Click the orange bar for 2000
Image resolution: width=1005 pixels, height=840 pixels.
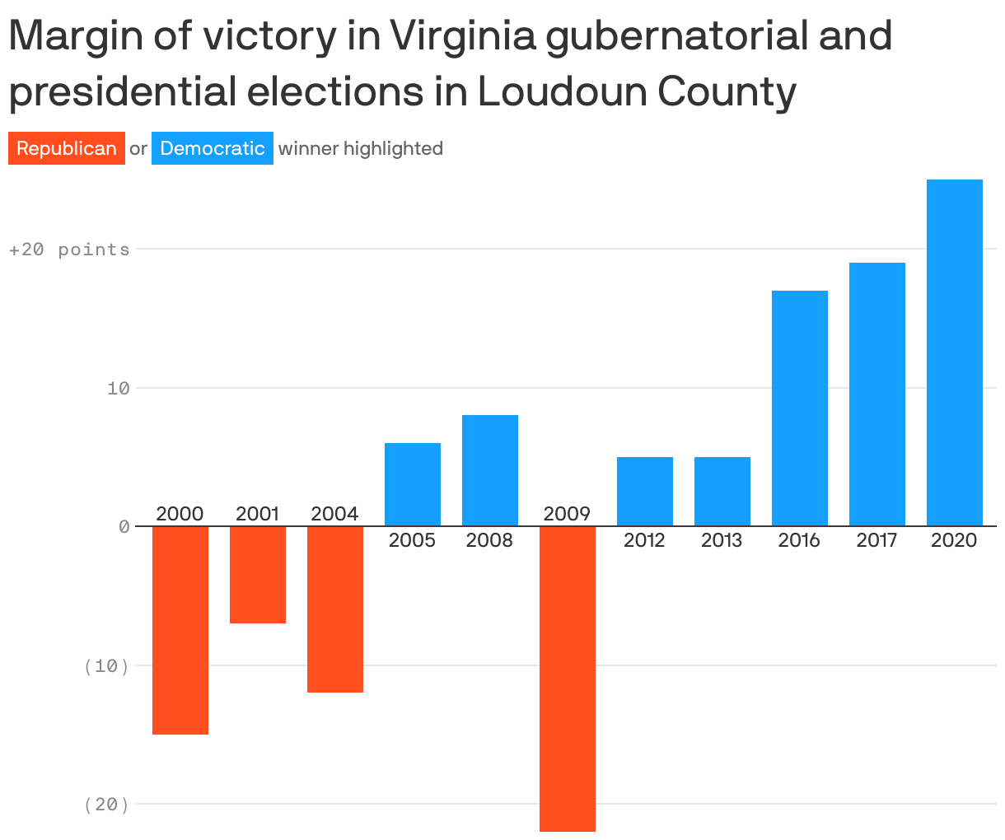point(180,630)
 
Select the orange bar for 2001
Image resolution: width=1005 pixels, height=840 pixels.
point(258,575)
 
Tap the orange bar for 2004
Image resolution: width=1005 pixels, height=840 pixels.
point(335,609)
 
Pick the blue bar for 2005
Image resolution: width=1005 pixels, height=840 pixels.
point(413,484)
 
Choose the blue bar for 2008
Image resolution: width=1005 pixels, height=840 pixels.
point(490,470)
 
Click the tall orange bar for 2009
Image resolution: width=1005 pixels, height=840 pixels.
point(568,679)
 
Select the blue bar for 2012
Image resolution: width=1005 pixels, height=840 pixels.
point(645,491)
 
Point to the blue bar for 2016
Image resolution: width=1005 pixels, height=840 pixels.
point(800,408)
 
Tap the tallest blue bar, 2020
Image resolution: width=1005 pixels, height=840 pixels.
point(955,352)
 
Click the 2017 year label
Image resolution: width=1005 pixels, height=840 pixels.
point(876,540)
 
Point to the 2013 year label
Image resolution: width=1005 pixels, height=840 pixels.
point(722,540)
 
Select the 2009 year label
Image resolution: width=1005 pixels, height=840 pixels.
point(567,514)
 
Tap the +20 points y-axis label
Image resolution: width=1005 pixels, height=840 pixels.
point(69,250)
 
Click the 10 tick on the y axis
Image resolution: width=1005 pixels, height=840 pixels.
point(119,388)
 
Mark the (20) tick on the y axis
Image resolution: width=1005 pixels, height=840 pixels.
point(107,805)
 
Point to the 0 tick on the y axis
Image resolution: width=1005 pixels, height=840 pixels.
point(124,527)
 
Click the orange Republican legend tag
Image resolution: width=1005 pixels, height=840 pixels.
point(67,148)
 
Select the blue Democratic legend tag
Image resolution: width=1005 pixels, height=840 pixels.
point(213,148)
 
